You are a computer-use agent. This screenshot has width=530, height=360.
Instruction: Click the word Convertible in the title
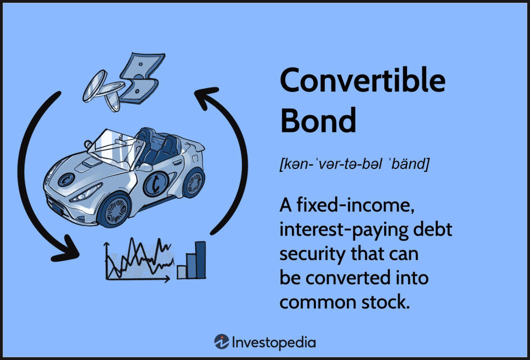[x=363, y=80]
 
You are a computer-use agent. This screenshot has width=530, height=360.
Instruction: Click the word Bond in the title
[x=318, y=120]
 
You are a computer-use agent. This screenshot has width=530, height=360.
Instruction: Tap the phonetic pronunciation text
[x=354, y=164]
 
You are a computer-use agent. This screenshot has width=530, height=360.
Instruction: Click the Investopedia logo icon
[x=222, y=342]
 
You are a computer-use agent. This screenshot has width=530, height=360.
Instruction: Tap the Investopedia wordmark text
[x=274, y=343]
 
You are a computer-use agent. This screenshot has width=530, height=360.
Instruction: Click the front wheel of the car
[x=115, y=210]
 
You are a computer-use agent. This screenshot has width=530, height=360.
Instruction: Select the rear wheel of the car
[x=194, y=183]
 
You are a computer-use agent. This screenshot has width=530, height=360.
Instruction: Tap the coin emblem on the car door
[x=156, y=183]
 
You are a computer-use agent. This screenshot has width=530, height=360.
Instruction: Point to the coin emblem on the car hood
[x=66, y=179]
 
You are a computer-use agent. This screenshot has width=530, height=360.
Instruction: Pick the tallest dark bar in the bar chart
[x=200, y=260]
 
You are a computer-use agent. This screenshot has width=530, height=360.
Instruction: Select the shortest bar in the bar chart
[x=182, y=272]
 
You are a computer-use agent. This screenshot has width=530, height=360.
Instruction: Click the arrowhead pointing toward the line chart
[x=66, y=249]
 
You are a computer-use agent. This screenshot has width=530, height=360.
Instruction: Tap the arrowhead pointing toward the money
[x=206, y=97]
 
